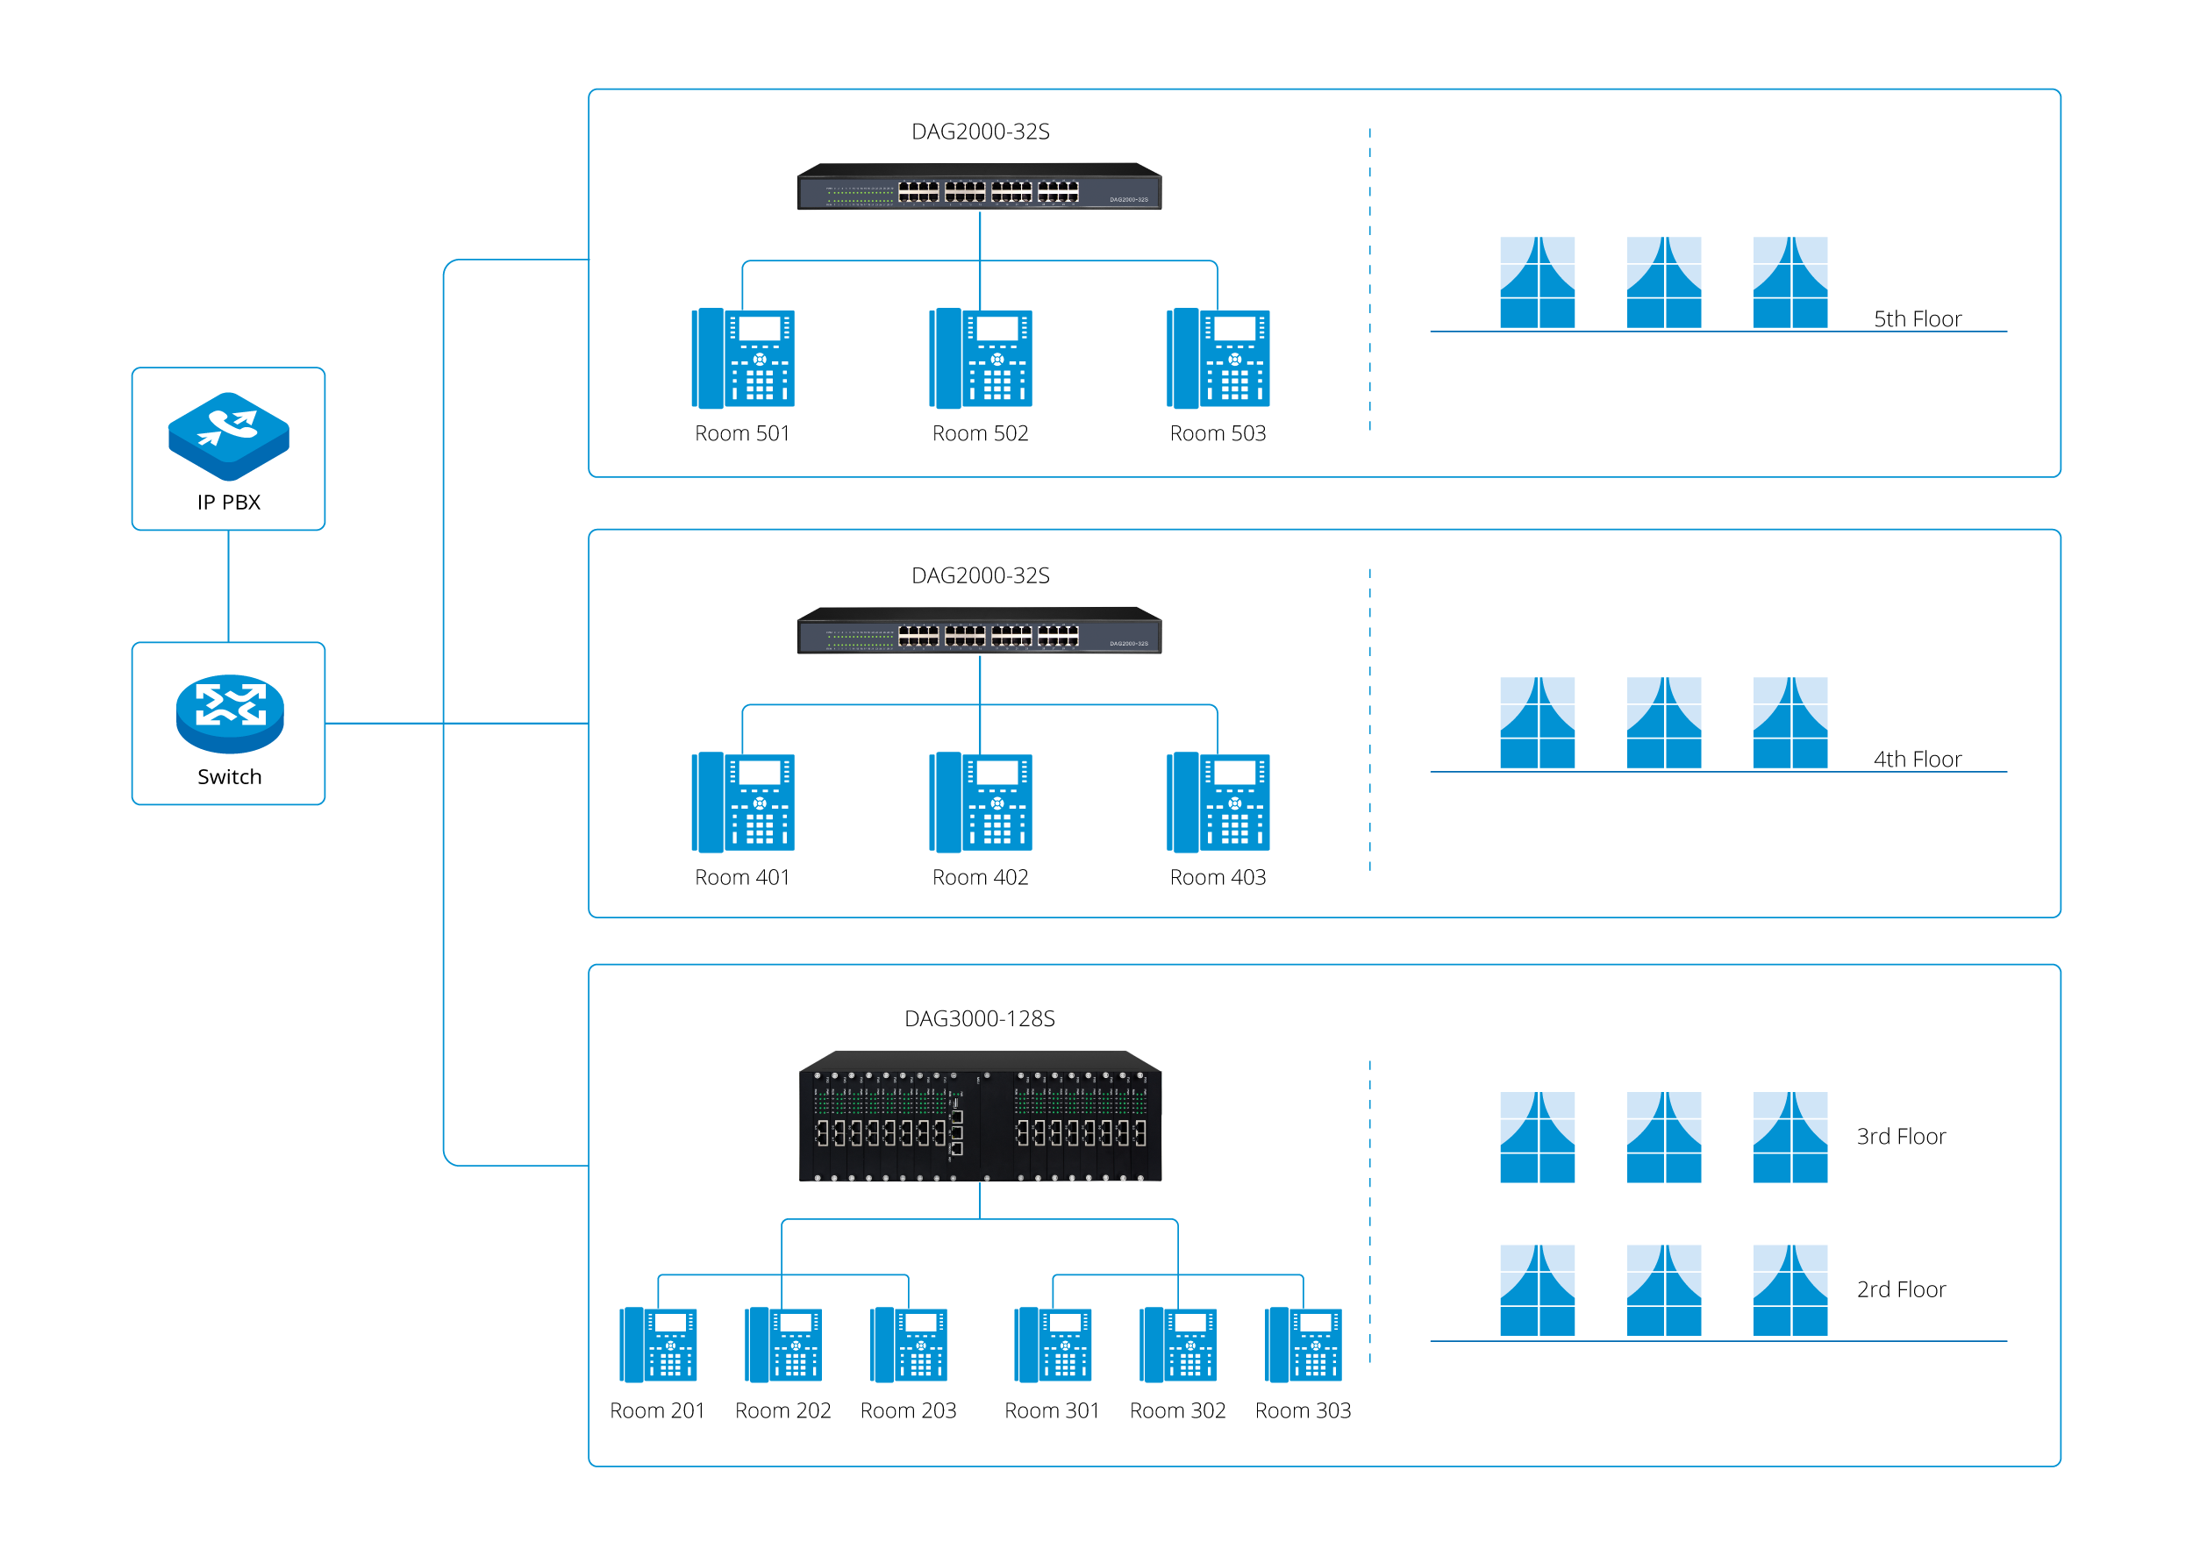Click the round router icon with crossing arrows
(230, 713)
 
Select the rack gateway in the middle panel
(978, 631)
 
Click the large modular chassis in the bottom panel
(979, 1117)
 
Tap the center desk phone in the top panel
(980, 359)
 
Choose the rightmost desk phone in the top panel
(1218, 359)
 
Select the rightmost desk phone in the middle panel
(1218, 802)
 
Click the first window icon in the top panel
(1537, 282)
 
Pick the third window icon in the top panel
(1789, 282)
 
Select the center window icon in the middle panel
(1663, 722)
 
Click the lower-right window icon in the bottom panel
(1789, 1289)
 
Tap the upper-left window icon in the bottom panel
(1537, 1137)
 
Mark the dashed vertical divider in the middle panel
(1369, 718)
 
